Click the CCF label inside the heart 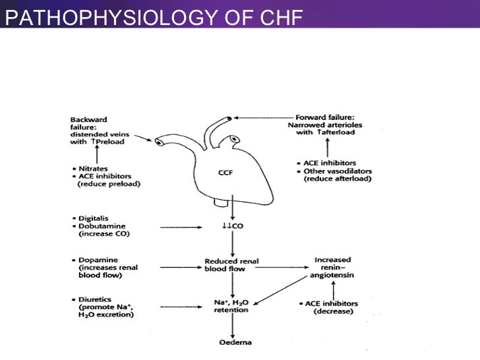tap(227, 173)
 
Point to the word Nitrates tap(93, 168)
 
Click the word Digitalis tap(94, 217)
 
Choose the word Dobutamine tap(99, 225)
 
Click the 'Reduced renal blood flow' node tap(231, 264)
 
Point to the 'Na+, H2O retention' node tap(231, 306)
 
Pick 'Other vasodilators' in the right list tap(338, 171)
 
